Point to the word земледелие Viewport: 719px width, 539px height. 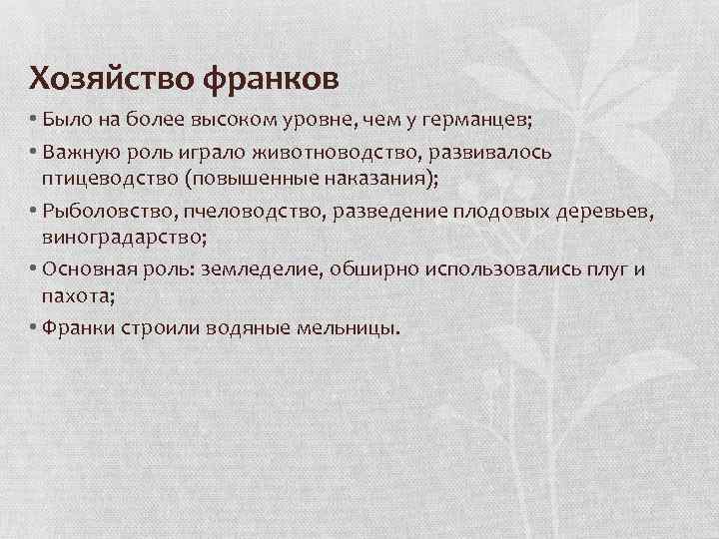pos(257,270)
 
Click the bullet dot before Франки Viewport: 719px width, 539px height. pos(33,328)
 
